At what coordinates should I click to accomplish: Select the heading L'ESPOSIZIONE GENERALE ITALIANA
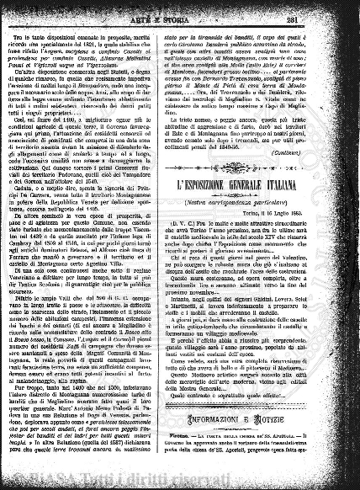(262, 182)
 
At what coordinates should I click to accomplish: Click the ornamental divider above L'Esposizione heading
(262, 172)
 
